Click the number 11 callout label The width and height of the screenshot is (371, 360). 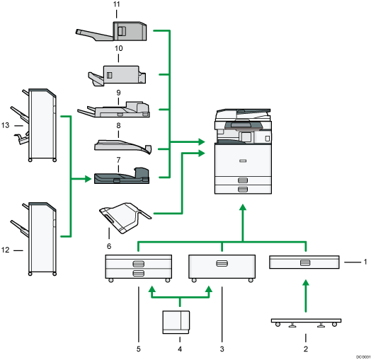tap(117, 5)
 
